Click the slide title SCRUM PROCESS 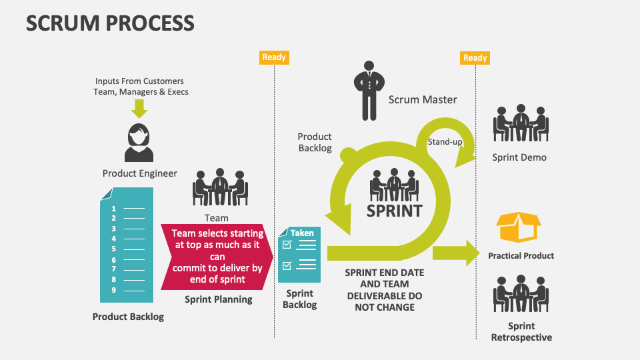110,23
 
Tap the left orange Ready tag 274,57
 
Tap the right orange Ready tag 475,57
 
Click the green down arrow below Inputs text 139,108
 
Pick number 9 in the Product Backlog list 114,290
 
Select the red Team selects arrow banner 217,257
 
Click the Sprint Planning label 218,299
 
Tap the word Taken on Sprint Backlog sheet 302,233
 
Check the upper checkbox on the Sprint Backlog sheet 287,245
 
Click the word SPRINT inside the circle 394,211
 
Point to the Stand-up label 445,142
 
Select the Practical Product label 521,255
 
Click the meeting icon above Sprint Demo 520,123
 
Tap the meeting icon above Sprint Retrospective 520,293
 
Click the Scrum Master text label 423,99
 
